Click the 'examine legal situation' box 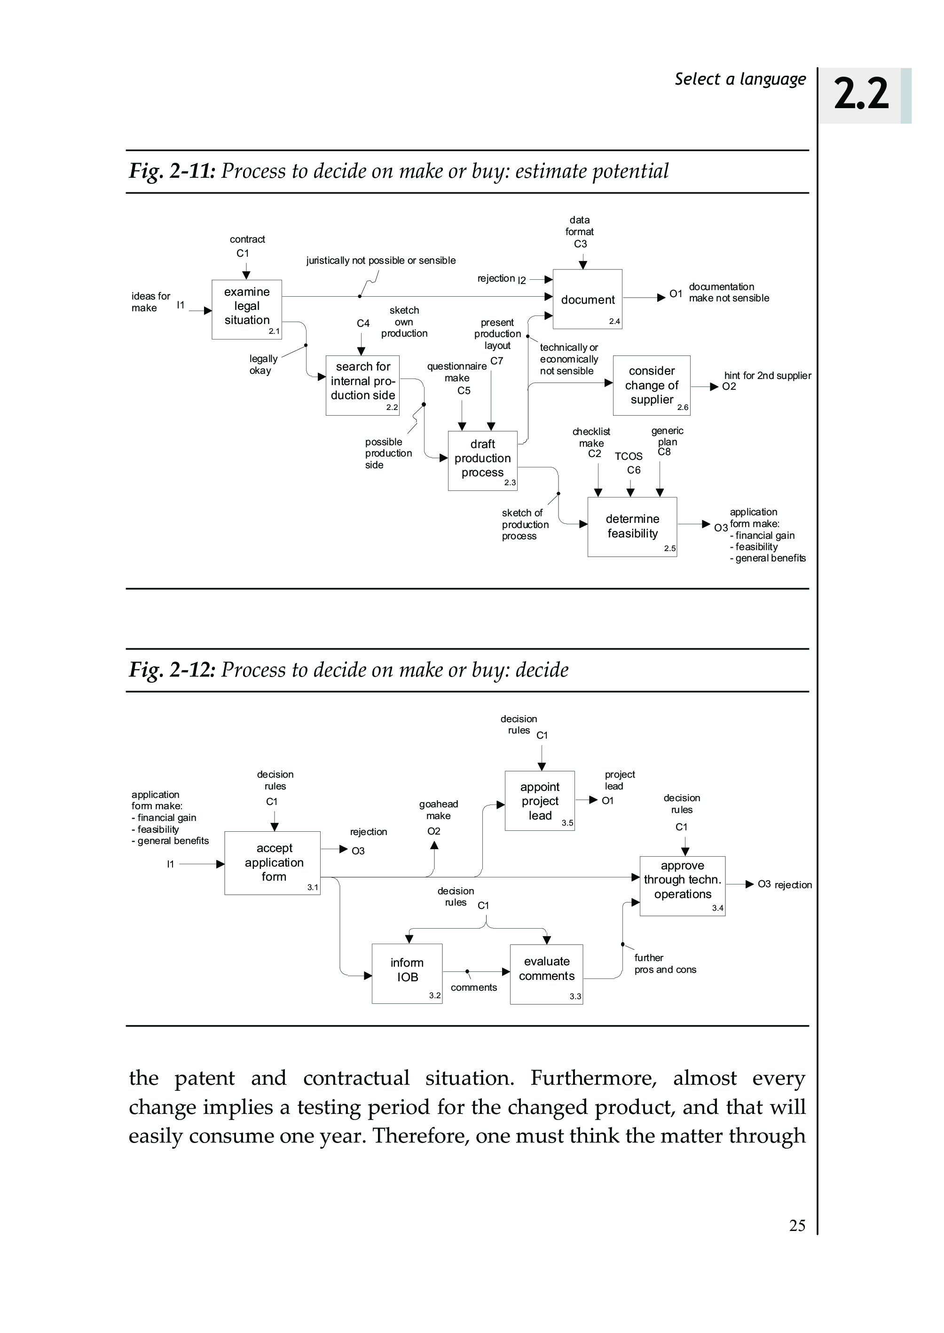tap(246, 309)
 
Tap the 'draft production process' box tap(482, 460)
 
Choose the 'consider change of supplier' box tap(651, 385)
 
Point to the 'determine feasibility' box tap(632, 526)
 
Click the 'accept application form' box tap(272, 862)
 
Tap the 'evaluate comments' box tap(546, 973)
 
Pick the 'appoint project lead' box tap(539, 800)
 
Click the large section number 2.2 tap(861, 94)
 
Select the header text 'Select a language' tap(740, 79)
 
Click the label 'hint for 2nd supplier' tap(767, 376)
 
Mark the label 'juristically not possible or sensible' tap(381, 260)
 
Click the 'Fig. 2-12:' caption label tap(172, 670)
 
